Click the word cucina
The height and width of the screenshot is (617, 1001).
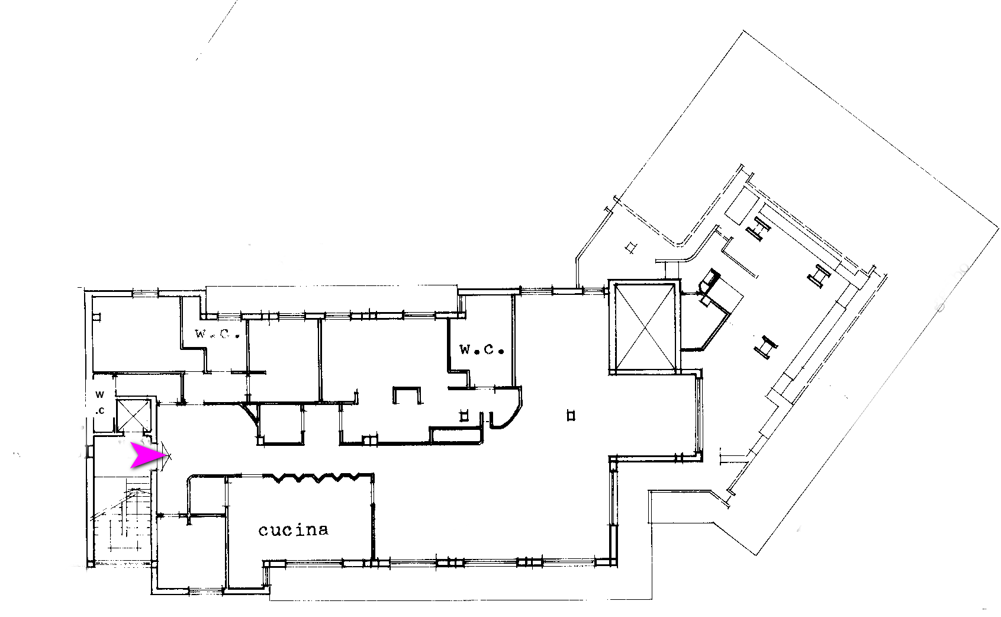tap(293, 530)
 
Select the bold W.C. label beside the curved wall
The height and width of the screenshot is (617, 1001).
tap(482, 349)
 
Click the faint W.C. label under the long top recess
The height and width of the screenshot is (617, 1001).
tap(217, 333)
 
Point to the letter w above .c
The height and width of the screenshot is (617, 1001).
tap(99, 394)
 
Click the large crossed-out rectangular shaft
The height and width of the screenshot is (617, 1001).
tap(645, 327)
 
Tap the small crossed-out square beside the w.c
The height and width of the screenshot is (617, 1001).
tap(133, 414)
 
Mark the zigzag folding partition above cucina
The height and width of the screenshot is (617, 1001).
tap(318, 477)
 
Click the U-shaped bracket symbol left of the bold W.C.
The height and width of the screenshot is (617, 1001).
tap(407, 395)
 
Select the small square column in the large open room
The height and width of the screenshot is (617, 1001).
tap(571, 416)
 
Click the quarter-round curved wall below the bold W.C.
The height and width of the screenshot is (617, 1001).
tap(507, 412)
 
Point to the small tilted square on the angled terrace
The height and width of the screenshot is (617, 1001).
tap(630, 248)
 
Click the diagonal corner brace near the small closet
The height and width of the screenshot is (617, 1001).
tap(250, 413)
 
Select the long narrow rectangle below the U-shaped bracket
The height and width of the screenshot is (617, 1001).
tap(456, 435)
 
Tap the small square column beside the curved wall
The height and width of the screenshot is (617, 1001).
tap(464, 416)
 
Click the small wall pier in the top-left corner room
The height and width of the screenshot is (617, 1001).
tap(96, 317)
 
